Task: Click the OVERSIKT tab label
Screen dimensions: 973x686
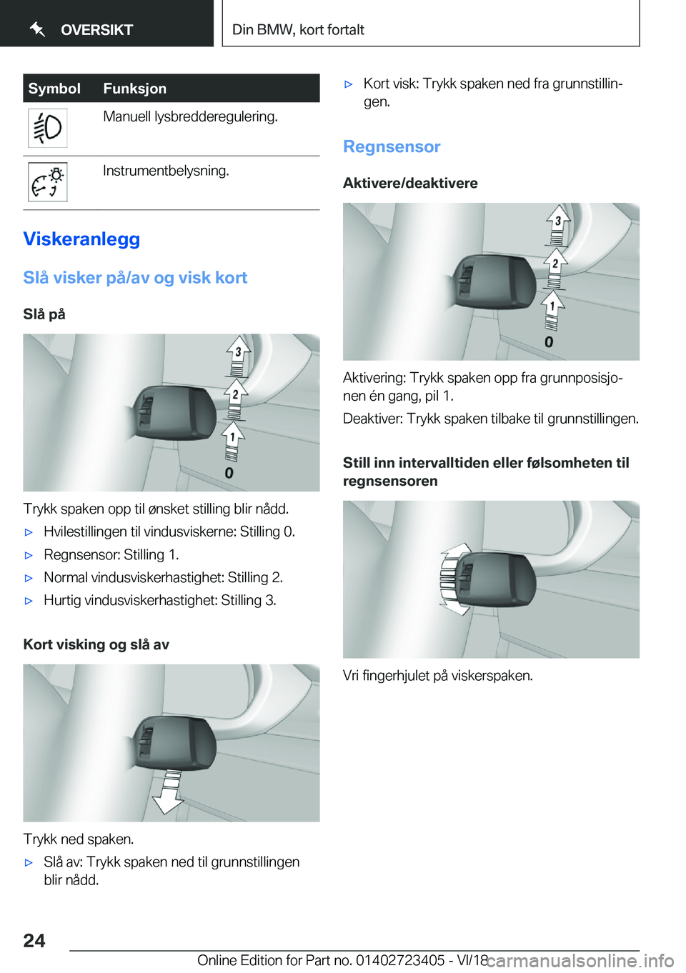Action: [x=96, y=30]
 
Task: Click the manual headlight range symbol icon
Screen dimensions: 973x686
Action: [x=47, y=129]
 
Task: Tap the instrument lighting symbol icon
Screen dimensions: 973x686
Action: [x=47, y=182]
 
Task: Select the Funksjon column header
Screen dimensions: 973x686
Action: [x=134, y=89]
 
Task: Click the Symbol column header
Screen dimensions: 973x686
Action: [x=54, y=89]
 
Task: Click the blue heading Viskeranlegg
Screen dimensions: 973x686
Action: [x=81, y=239]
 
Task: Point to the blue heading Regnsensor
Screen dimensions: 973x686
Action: [x=392, y=146]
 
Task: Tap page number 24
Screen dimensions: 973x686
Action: [x=34, y=940]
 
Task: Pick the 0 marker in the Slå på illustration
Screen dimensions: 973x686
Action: [x=229, y=473]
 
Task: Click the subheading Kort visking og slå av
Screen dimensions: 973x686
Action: [x=96, y=644]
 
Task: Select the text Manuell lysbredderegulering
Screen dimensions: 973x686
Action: [x=190, y=116]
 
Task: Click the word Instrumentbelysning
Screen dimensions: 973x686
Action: [x=166, y=171]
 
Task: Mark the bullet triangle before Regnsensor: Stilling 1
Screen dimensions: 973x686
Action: [x=29, y=555]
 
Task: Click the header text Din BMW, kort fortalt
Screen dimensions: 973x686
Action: [x=298, y=30]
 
